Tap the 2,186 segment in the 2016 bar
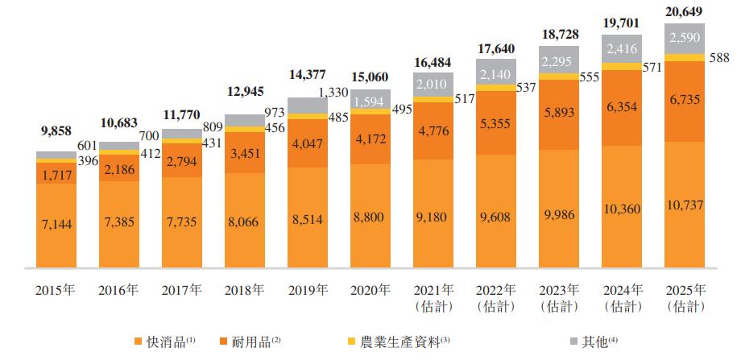pyautogui.click(x=119, y=169)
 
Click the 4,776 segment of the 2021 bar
pyautogui.click(x=433, y=130)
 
